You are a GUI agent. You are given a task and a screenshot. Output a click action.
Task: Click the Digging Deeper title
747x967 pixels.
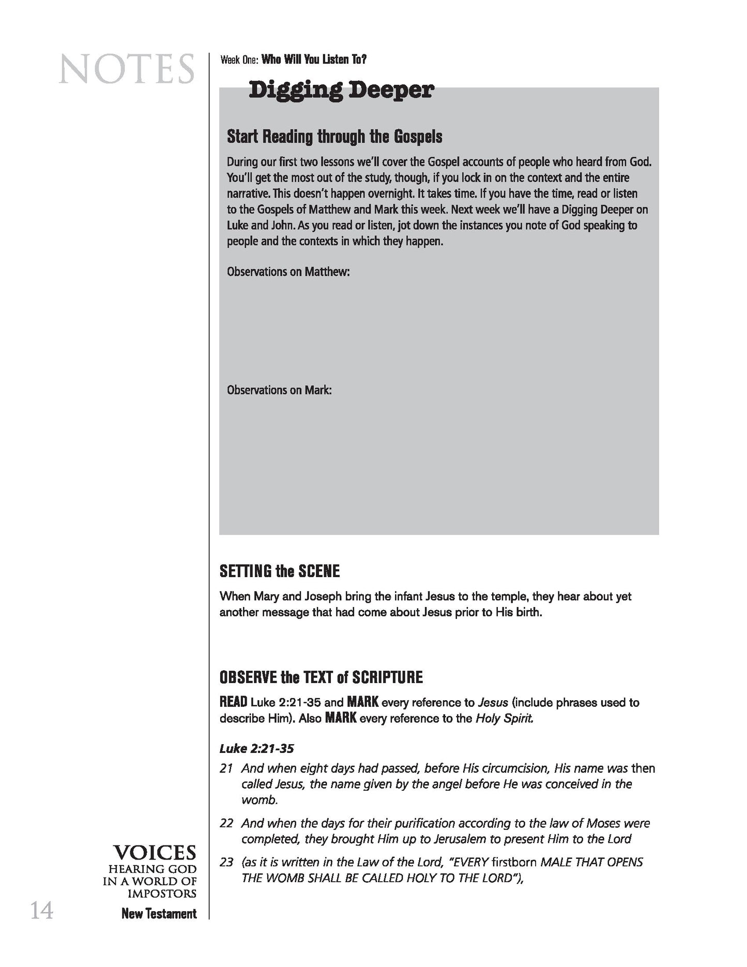[x=341, y=90]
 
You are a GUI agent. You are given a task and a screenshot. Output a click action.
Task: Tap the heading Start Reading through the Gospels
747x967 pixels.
[x=334, y=137]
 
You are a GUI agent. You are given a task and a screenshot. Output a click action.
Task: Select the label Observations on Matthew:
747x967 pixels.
[x=288, y=272]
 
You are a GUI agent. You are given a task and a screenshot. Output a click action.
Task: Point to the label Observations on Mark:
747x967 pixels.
[x=279, y=390]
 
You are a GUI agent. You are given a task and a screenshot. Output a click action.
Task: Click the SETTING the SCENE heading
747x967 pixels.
[x=280, y=571]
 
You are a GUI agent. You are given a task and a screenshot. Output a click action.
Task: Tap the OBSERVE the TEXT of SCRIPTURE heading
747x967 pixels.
[x=321, y=677]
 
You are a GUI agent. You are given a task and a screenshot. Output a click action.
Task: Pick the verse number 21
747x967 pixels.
[x=226, y=768]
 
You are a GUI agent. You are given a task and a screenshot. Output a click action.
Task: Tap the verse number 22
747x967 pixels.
[x=226, y=823]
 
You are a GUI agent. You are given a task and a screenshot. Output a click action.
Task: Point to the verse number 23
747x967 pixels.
[x=226, y=862]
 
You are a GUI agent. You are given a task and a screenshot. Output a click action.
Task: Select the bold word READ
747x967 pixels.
[x=233, y=702]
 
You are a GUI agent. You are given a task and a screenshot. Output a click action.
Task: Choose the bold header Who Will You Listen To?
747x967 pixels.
[x=314, y=59]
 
